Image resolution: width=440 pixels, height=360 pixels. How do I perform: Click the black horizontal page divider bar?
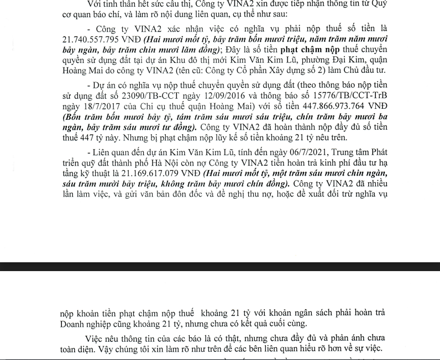click(220, 266)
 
